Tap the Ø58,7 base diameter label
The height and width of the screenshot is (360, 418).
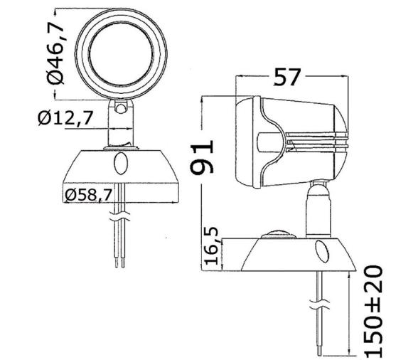coord(88,194)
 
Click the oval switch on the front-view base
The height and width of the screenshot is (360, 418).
coord(120,163)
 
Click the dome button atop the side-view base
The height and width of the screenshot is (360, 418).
coord(280,233)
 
